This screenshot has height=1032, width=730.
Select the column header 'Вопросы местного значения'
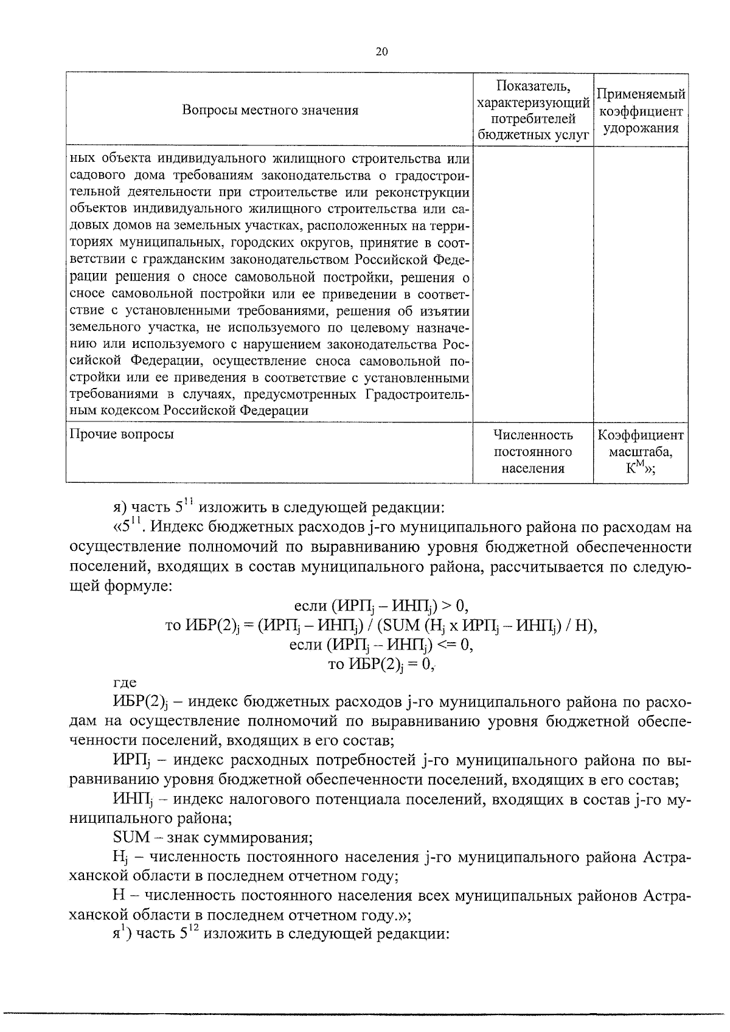coord(270,110)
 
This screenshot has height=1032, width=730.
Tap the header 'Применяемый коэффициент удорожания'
coord(641,111)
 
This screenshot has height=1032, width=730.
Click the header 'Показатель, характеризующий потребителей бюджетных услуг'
coord(533,110)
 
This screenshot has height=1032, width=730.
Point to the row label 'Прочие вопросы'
coord(122,434)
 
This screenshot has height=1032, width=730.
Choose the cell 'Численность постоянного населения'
coord(533,452)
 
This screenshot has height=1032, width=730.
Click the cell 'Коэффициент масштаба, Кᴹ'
coord(641,452)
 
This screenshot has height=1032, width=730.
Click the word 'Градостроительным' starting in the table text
coord(417,395)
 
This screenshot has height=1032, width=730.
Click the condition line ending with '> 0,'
coord(381,606)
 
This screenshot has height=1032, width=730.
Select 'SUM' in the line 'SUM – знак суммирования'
coord(131,837)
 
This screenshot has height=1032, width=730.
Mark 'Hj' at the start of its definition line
coord(119,857)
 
